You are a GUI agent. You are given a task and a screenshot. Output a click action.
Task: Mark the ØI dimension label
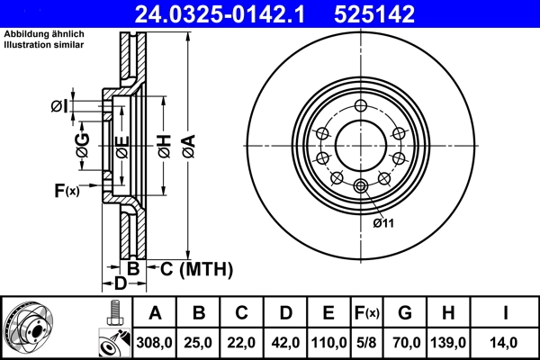click(x=58, y=106)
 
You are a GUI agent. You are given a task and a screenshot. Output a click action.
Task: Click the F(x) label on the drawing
click(x=67, y=190)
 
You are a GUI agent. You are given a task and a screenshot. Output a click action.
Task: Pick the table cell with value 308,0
click(x=155, y=343)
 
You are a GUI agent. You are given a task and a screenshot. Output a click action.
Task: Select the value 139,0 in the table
click(x=449, y=343)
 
